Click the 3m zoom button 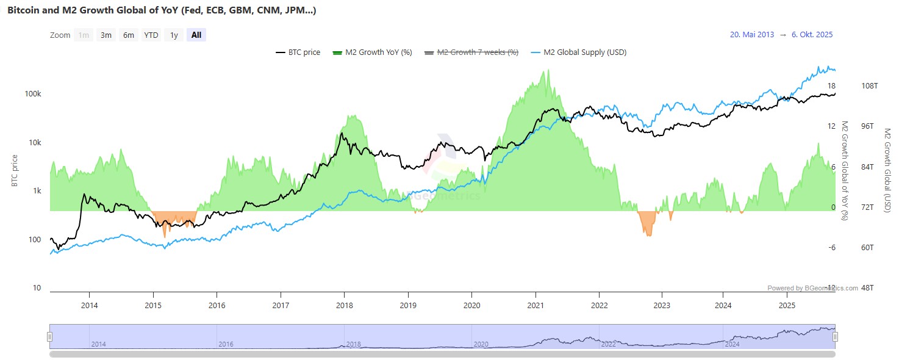point(106,35)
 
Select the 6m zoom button point(128,35)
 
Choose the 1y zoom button point(174,35)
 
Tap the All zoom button point(196,35)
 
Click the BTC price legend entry point(298,52)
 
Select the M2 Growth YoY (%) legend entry point(372,52)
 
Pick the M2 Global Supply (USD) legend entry point(579,52)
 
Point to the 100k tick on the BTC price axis point(33,94)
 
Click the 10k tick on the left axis point(35,143)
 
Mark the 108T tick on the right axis point(869,86)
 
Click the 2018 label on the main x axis point(345,305)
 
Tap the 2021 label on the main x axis point(535,305)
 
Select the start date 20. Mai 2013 point(752,35)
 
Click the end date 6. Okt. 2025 point(812,35)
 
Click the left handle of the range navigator point(50,336)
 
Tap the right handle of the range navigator point(836,336)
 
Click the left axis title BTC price point(15,171)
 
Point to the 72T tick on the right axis point(868,207)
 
